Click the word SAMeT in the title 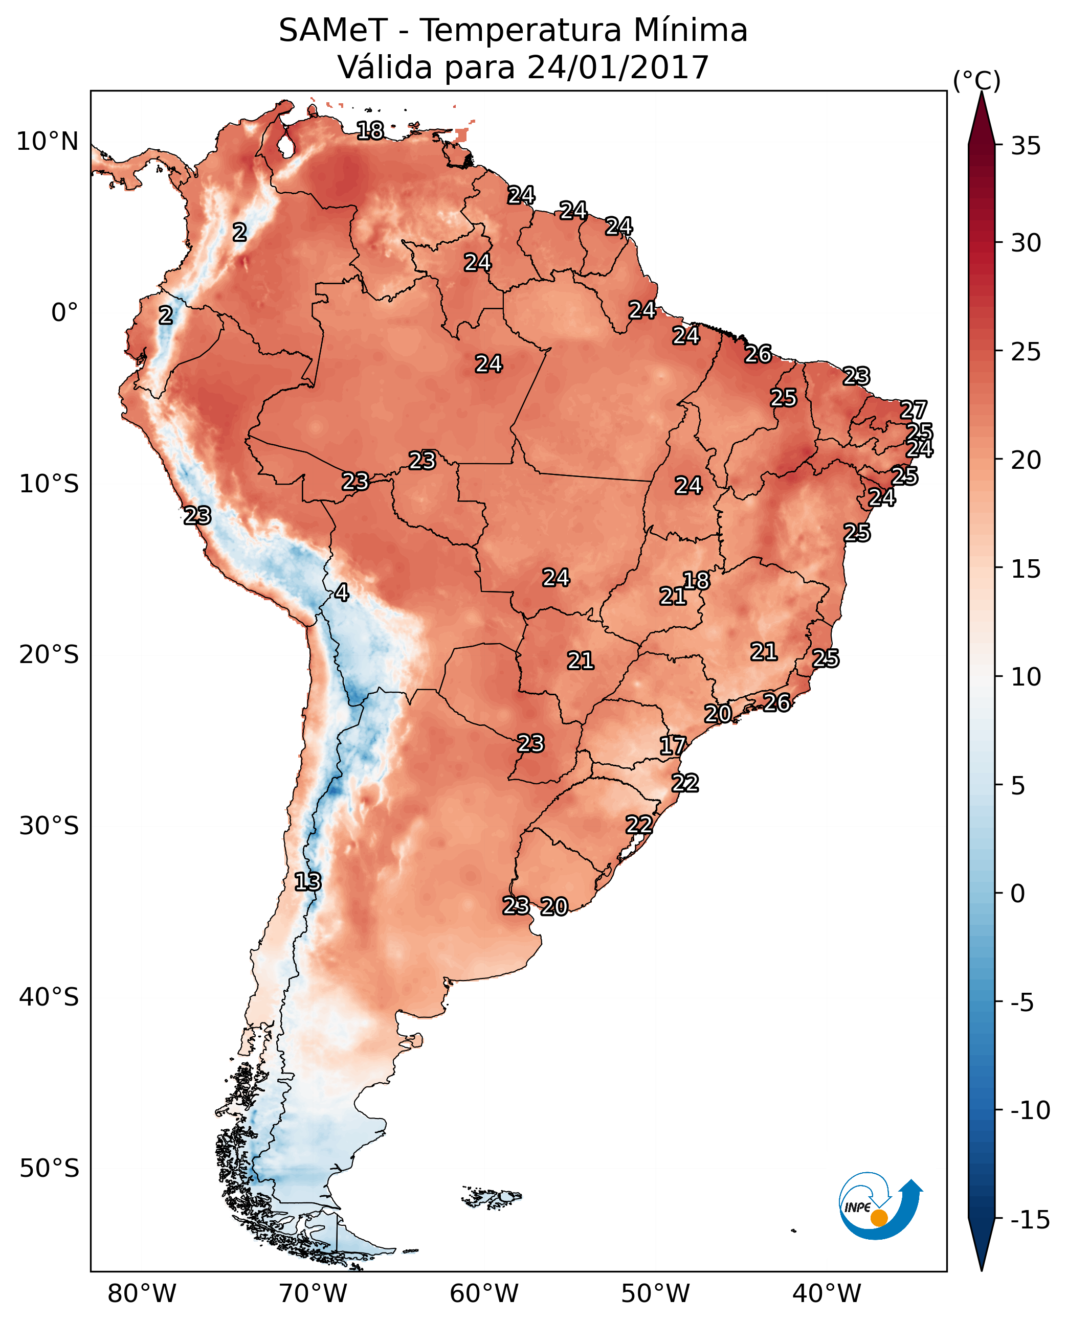click(x=333, y=30)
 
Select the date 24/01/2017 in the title click(x=618, y=67)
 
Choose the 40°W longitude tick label click(x=827, y=1294)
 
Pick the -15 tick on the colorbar click(x=1030, y=1220)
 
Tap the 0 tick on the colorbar click(x=1018, y=894)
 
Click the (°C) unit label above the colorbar click(x=976, y=80)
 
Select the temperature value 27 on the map click(x=914, y=410)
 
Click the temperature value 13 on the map click(x=307, y=882)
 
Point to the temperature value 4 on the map click(x=342, y=593)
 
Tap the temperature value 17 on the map click(x=673, y=746)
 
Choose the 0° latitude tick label click(x=64, y=313)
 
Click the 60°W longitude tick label click(x=484, y=1294)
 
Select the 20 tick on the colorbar click(x=1026, y=460)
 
